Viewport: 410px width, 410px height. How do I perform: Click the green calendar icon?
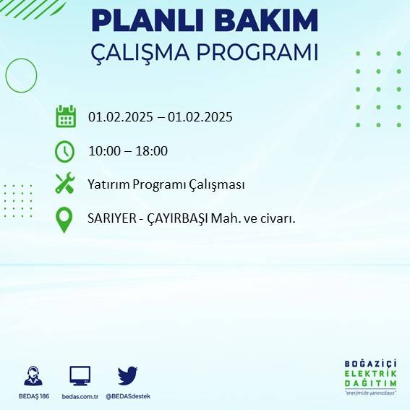[x=66, y=116]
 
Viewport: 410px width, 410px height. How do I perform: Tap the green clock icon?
[x=65, y=151]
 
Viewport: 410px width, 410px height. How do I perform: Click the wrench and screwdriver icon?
[x=65, y=184]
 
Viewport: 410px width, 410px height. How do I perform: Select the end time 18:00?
[x=152, y=151]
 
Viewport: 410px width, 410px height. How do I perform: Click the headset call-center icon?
[x=33, y=377]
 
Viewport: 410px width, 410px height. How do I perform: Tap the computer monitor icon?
[x=80, y=376]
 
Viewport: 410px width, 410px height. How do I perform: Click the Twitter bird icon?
[x=127, y=375]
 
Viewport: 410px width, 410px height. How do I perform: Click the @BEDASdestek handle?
[x=128, y=396]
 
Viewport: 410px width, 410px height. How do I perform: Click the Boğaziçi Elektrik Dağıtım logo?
[x=370, y=376]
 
